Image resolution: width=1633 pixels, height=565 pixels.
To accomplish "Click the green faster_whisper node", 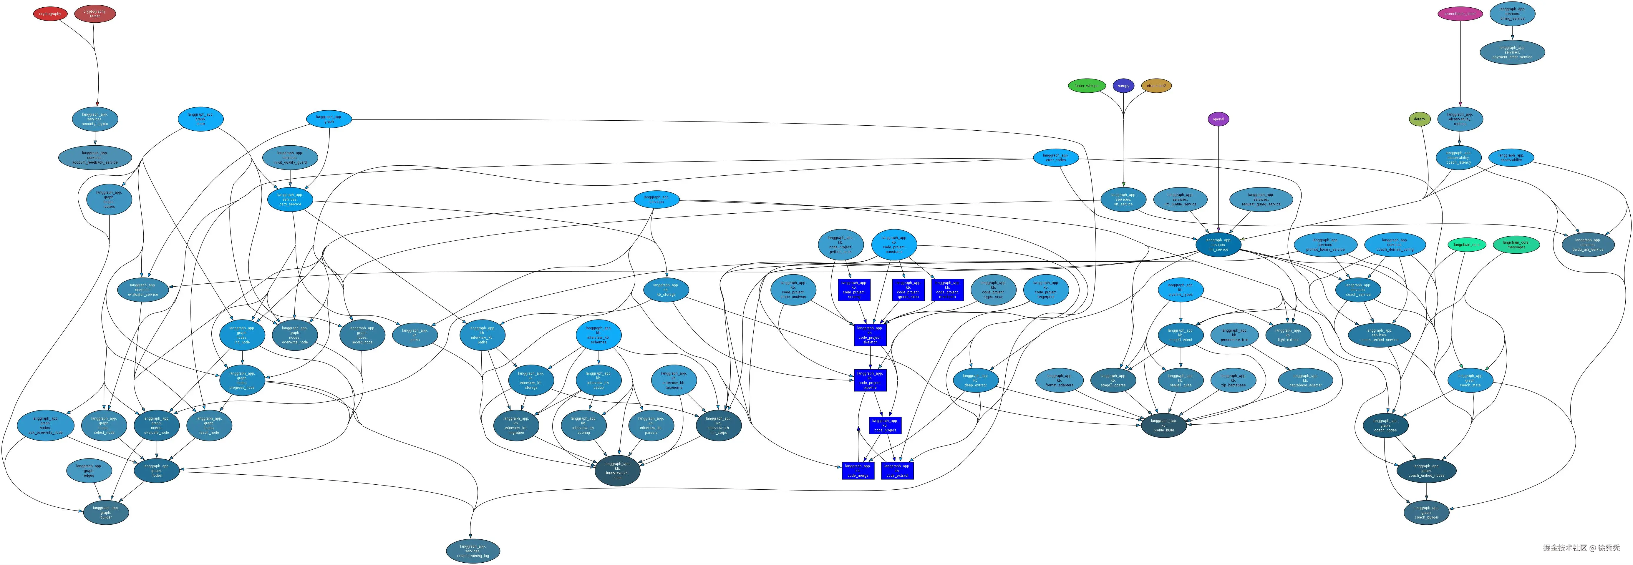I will click(x=1087, y=86).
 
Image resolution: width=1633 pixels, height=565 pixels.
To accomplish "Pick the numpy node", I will click(x=1123, y=86).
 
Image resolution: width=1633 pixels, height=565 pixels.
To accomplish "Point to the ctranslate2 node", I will click(x=1156, y=86).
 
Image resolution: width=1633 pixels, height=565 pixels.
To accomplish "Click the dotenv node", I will click(x=1419, y=119).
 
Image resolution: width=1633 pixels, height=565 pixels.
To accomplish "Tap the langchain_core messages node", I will click(x=1516, y=245).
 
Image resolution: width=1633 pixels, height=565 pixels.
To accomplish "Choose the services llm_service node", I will click(x=1218, y=245).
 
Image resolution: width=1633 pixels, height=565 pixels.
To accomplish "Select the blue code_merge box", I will click(x=858, y=471).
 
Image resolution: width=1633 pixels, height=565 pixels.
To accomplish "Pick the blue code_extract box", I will click(x=897, y=471).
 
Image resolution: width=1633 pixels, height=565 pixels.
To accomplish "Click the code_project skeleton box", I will click(x=870, y=335).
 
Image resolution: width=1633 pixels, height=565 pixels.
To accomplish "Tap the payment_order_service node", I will click(x=1512, y=52).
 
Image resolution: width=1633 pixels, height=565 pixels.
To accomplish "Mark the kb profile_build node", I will click(x=1163, y=425).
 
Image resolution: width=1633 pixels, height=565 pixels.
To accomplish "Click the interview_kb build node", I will click(x=617, y=471).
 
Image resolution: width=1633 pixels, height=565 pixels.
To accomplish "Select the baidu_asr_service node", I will click(x=1587, y=245).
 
